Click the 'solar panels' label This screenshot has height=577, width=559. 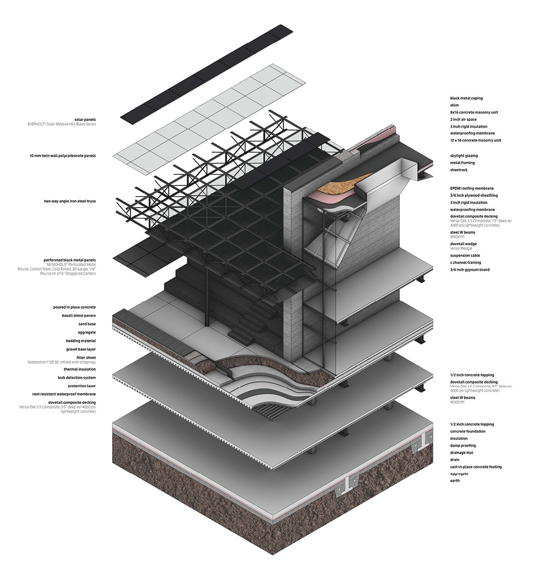coord(85,120)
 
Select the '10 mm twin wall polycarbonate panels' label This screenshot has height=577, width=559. coord(63,156)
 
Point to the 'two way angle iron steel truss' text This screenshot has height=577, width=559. coord(70,201)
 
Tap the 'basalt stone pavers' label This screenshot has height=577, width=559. coord(79,316)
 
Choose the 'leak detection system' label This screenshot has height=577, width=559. coord(77,377)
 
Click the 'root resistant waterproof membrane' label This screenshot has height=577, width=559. coord(64,394)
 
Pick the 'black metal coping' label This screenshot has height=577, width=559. coord(467,98)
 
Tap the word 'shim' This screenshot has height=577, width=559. coord(454,105)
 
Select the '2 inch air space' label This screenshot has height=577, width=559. coord(463,119)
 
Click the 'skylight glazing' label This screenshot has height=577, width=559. coord(464,156)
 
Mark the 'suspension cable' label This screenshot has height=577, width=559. coord(465,255)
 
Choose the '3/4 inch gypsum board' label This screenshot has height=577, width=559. coord(470,270)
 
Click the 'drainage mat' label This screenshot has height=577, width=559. coord(462,453)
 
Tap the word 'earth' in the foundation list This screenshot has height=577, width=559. coord(455,481)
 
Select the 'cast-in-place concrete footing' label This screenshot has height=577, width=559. coord(476,467)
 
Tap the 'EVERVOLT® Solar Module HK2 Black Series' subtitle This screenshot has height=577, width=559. coord(62,124)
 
